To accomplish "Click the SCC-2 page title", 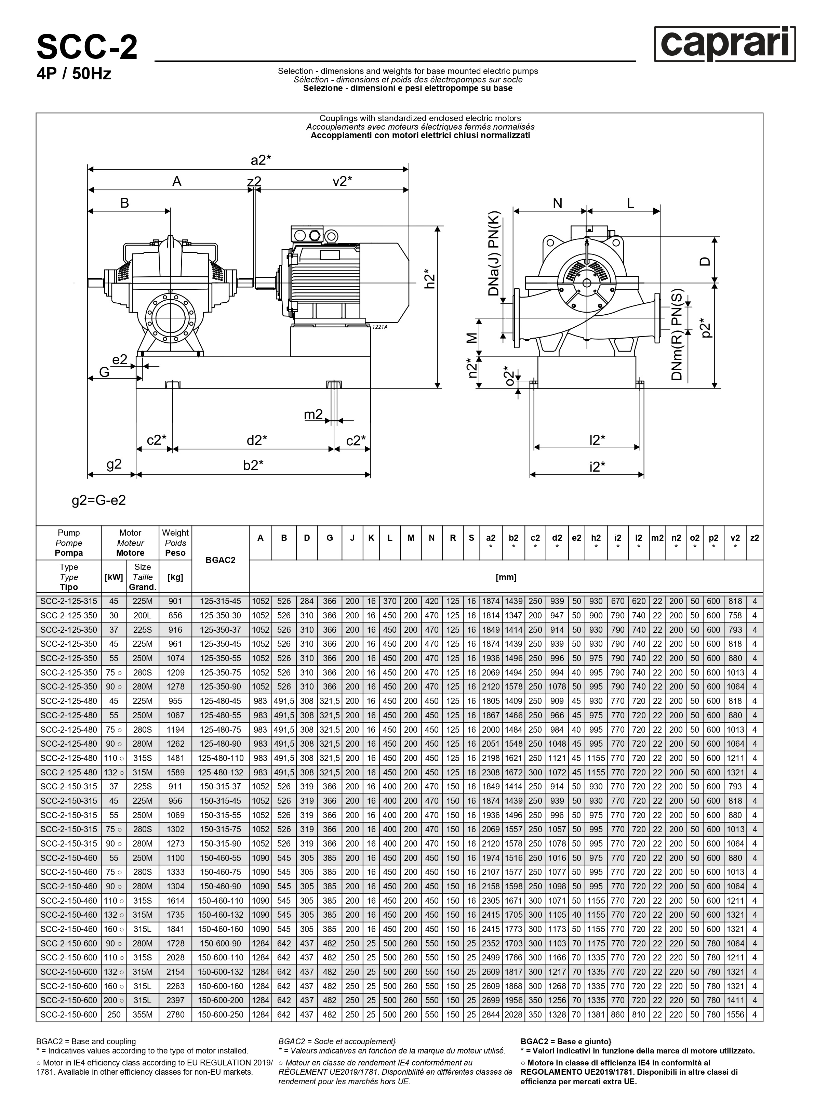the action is (x=87, y=48).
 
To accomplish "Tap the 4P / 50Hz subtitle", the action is (x=74, y=74).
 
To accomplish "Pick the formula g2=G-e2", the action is (x=99, y=500).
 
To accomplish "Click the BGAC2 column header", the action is (x=220, y=560).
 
